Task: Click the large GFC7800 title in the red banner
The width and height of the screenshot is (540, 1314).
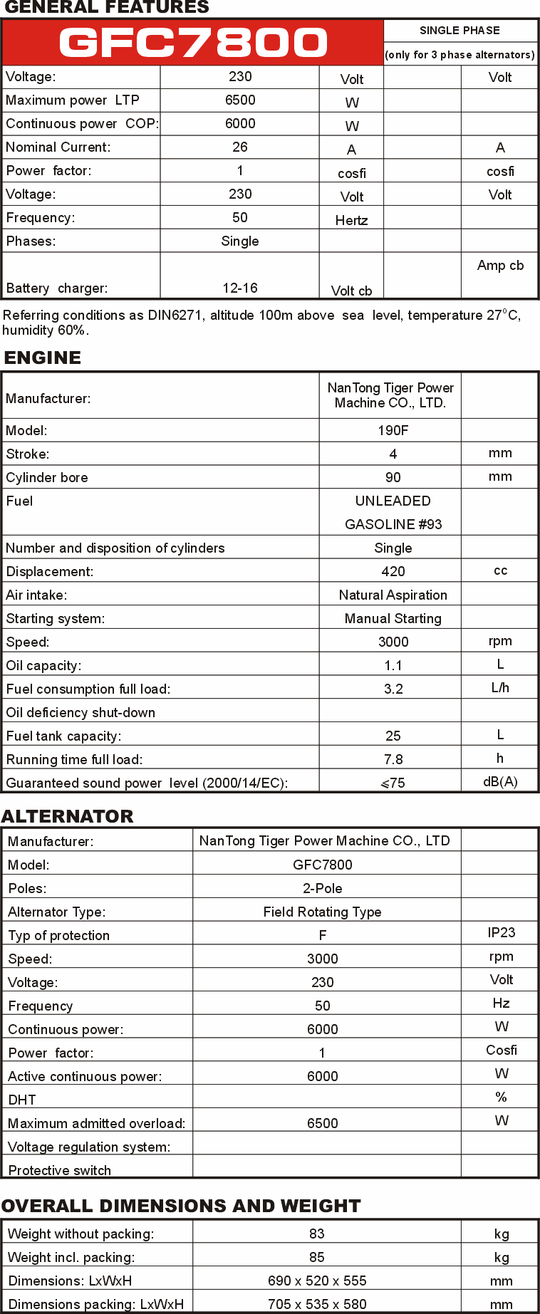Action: [193, 43]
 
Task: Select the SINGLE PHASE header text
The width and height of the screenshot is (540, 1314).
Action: [459, 31]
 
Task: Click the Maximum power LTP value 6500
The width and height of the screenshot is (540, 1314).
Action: [240, 100]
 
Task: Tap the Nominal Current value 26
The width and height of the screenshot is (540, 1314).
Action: [240, 147]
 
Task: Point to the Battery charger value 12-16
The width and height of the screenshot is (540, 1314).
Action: [240, 288]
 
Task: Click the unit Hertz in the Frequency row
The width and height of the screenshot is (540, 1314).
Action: [351, 221]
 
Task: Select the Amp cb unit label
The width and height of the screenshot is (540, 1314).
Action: [500, 266]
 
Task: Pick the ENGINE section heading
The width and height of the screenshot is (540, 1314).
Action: [43, 358]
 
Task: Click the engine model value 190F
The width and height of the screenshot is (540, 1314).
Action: [393, 431]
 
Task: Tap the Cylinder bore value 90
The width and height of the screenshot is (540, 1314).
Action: [393, 478]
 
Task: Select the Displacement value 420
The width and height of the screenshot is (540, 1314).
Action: [393, 572]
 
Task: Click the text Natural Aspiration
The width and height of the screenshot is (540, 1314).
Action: [393, 595]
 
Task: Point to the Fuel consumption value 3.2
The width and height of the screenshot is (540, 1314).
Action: [393, 689]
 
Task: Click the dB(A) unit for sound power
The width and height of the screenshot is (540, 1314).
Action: [500, 782]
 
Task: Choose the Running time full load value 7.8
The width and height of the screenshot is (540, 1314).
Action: [393, 760]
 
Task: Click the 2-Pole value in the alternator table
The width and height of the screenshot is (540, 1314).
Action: [323, 889]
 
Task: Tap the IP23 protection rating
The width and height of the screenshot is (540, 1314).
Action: [502, 933]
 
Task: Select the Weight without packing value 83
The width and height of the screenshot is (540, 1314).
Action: [317, 1234]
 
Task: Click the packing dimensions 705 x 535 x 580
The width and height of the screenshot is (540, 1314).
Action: [317, 1305]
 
